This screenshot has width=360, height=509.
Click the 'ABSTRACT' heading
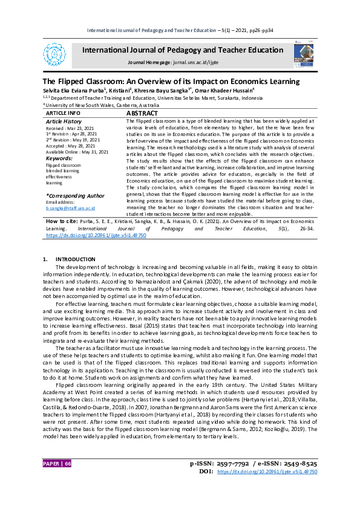pos(142,113)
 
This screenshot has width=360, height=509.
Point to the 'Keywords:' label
pos(59,158)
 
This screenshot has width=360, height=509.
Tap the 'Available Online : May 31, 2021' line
pos(77,152)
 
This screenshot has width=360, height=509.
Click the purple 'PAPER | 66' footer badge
pos(57,480)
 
